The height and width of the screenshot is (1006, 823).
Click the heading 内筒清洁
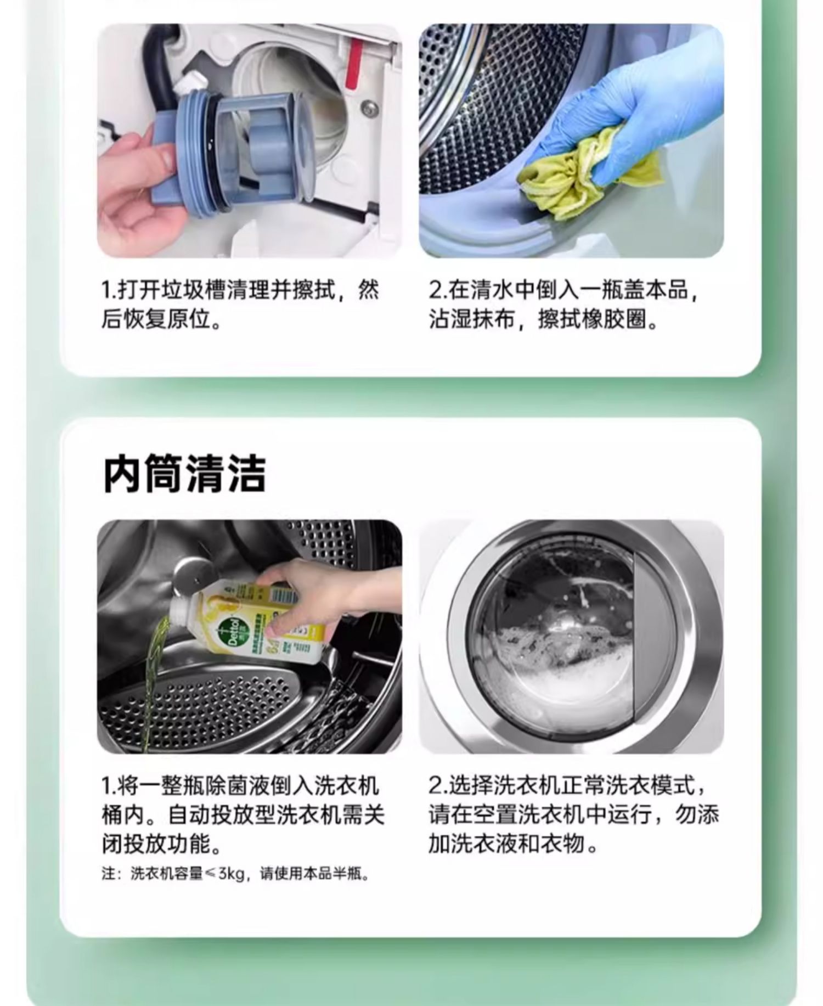pos(184,474)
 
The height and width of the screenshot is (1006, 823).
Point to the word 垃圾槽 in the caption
pos(185,290)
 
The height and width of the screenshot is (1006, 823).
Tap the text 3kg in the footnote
pos(232,873)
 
